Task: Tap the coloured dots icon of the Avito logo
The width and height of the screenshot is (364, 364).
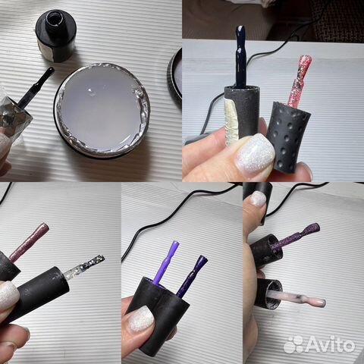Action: click(293, 344)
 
